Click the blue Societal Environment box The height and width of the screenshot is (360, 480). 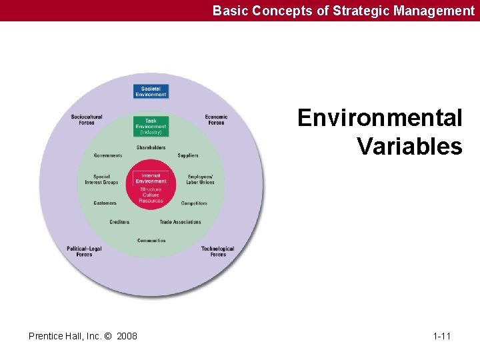[x=151, y=91]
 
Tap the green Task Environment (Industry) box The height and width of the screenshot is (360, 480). [x=151, y=126]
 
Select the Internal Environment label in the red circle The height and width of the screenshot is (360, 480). [x=151, y=179]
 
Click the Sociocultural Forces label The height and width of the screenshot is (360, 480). [x=87, y=119]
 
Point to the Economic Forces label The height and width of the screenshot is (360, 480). [x=216, y=119]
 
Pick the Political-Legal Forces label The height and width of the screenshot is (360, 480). [x=84, y=251]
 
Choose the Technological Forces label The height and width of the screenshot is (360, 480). [x=218, y=251]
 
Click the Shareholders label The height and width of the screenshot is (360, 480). [x=151, y=147]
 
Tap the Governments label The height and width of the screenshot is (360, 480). [x=108, y=155]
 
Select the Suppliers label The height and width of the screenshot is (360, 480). [x=188, y=155]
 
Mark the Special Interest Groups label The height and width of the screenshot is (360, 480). [x=101, y=179]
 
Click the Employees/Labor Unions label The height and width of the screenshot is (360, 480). [x=201, y=179]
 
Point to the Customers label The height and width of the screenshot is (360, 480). [x=105, y=203]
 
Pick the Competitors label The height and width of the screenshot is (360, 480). [x=194, y=203]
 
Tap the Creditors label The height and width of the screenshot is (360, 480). [x=119, y=222]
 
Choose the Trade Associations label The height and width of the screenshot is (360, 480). [x=180, y=222]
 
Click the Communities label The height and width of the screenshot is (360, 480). [x=151, y=241]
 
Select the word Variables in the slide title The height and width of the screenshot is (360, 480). [x=409, y=146]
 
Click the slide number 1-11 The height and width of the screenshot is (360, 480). [x=441, y=336]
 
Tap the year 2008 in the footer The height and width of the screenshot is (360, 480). [x=127, y=336]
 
